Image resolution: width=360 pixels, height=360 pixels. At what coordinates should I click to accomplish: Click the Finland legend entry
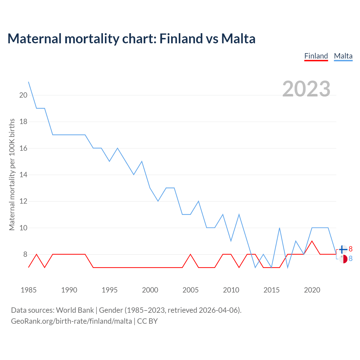click(x=316, y=56)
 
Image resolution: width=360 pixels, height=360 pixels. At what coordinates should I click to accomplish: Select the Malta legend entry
click(x=343, y=56)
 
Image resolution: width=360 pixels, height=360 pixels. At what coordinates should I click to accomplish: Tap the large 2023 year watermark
click(x=306, y=89)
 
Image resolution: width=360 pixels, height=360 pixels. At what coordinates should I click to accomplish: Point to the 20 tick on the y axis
click(x=23, y=95)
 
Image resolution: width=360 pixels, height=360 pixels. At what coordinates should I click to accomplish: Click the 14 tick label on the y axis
click(x=23, y=175)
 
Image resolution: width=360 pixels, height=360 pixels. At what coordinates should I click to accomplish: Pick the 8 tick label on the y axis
click(x=25, y=254)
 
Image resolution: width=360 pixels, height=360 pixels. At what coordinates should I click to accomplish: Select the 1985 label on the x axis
click(x=28, y=290)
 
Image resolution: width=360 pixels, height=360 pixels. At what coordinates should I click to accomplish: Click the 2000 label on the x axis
click(x=150, y=290)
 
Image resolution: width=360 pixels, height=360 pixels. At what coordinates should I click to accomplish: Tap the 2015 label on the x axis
click(x=271, y=290)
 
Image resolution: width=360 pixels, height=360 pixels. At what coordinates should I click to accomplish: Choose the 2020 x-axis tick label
click(x=312, y=290)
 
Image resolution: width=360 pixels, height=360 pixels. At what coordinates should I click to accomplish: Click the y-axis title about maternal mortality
click(x=12, y=174)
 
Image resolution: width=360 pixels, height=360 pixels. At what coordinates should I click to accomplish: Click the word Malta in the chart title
click(x=238, y=39)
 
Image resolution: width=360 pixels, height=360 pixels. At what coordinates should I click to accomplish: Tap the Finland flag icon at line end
click(x=343, y=249)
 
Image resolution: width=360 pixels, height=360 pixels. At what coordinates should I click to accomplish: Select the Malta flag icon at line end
click(x=343, y=259)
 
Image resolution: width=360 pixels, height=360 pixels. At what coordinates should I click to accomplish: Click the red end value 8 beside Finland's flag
click(x=350, y=249)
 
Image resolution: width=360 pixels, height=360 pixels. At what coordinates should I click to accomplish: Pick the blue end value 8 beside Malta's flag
click(x=350, y=258)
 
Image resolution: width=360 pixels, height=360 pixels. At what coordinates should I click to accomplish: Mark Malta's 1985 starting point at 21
click(x=28, y=82)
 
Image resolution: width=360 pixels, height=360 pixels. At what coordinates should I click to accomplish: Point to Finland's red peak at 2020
click(x=312, y=241)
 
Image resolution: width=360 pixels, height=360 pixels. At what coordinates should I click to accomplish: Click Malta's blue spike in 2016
click(x=280, y=228)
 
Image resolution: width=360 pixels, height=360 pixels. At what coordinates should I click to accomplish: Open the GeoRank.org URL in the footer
click(x=71, y=321)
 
